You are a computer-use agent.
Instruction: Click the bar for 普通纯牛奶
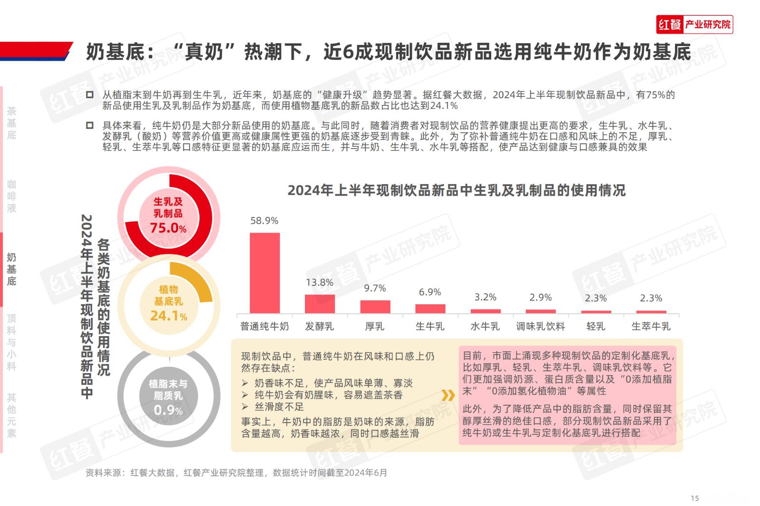click(265, 272)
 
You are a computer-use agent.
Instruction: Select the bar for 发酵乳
click(320, 304)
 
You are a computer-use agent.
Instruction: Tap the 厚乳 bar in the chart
click(375, 307)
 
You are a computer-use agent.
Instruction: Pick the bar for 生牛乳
click(430, 309)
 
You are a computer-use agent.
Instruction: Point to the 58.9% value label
click(265, 221)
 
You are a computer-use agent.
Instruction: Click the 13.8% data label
click(320, 282)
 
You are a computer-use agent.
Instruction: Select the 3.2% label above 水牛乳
click(485, 297)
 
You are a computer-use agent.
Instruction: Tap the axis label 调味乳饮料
click(541, 327)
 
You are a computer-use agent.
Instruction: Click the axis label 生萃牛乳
click(651, 327)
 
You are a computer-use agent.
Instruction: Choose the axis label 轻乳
click(596, 327)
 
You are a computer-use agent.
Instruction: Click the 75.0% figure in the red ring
click(168, 228)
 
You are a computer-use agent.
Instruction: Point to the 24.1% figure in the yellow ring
click(169, 316)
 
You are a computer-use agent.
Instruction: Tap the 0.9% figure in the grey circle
click(168, 410)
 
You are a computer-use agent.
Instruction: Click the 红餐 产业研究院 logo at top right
click(694, 25)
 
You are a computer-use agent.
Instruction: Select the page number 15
click(695, 498)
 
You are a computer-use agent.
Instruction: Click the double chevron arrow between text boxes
click(448, 395)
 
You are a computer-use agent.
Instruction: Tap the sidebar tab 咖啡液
click(11, 197)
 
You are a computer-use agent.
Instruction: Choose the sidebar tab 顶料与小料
click(11, 342)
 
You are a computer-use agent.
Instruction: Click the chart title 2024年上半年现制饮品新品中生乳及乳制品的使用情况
click(456, 190)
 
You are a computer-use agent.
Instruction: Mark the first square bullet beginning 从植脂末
click(90, 95)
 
